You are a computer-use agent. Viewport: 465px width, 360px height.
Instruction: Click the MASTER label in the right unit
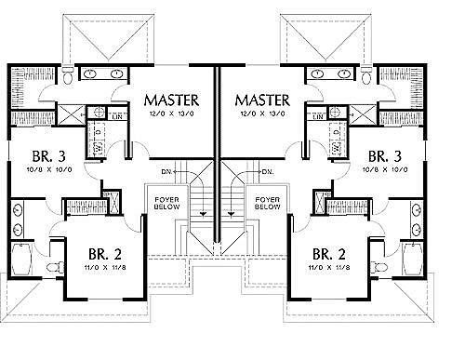tap(264, 99)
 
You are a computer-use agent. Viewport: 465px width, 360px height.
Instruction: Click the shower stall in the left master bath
tap(73, 115)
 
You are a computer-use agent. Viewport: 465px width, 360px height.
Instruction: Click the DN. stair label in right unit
tap(266, 172)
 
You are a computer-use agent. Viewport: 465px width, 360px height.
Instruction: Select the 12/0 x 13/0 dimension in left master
tap(174, 114)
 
